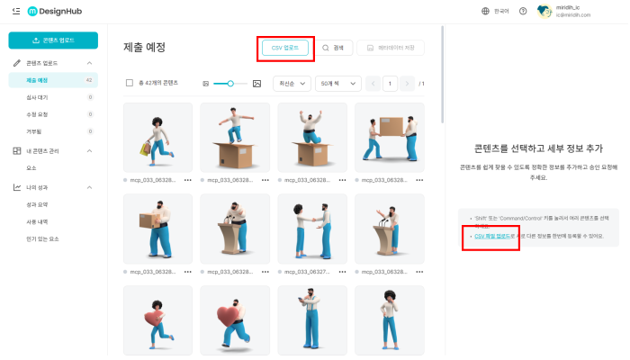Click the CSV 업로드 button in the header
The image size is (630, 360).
tap(284, 48)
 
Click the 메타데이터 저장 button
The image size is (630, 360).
tap(390, 48)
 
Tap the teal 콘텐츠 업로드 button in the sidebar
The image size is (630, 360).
tap(52, 40)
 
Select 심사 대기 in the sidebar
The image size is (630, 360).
tap(38, 97)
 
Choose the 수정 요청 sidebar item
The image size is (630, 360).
tap(38, 114)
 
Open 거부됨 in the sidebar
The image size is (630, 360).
tap(35, 131)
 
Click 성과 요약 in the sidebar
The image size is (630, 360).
tap(38, 204)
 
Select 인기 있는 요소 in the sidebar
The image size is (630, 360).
tap(42, 238)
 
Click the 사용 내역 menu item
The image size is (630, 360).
tap(38, 221)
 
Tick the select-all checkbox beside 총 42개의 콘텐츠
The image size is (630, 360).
tap(130, 83)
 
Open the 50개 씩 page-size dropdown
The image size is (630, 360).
tap(337, 83)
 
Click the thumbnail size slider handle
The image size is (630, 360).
tap(231, 83)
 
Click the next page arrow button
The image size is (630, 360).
tap(409, 83)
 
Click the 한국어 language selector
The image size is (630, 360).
tap(497, 11)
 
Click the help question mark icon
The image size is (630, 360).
tap(523, 11)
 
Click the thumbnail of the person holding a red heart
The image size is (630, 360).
tap(157, 319)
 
